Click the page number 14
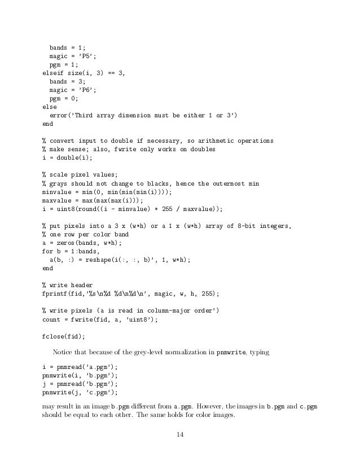point(181,434)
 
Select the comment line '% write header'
point(68,285)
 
